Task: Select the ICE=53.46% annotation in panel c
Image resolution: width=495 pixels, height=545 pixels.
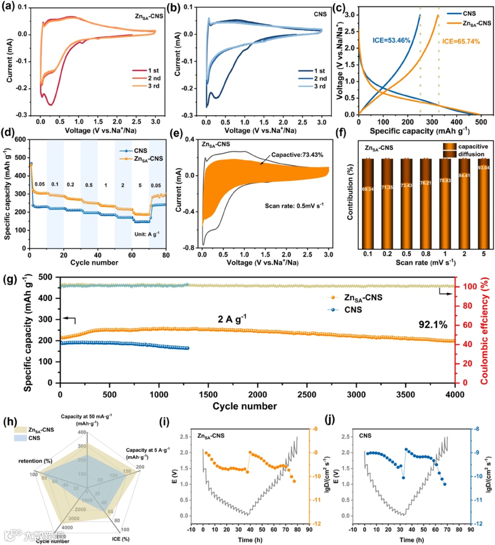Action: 390,41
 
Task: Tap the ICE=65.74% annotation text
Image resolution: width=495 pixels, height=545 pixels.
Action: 461,42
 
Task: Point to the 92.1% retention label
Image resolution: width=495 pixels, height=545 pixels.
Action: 433,325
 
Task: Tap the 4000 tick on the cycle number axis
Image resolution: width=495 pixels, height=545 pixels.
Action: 454,394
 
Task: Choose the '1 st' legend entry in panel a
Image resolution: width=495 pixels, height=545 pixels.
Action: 153,70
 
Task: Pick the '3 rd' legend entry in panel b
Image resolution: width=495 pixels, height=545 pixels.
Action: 319,86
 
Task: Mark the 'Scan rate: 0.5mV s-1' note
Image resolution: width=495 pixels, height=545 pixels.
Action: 294,206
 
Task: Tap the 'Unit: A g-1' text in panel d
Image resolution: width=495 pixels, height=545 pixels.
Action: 147,234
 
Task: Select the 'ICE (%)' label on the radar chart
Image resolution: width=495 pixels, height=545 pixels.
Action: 121,539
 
